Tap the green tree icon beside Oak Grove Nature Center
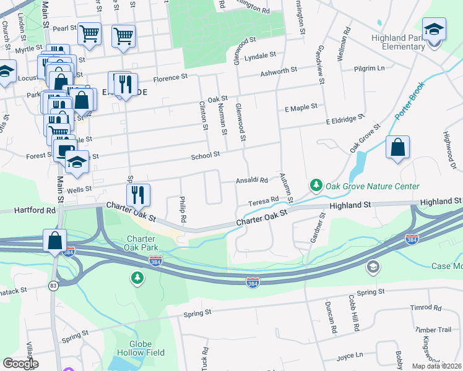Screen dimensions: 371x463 tap(316, 185)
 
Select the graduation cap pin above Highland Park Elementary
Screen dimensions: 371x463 tap(434, 30)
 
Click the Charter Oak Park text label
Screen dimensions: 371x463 tap(144, 244)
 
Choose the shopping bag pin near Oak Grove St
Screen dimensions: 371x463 tap(397, 148)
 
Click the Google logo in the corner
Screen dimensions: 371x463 tap(20, 363)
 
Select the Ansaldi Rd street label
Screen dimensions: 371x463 tap(251, 181)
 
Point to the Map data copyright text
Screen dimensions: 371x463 tap(435, 366)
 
